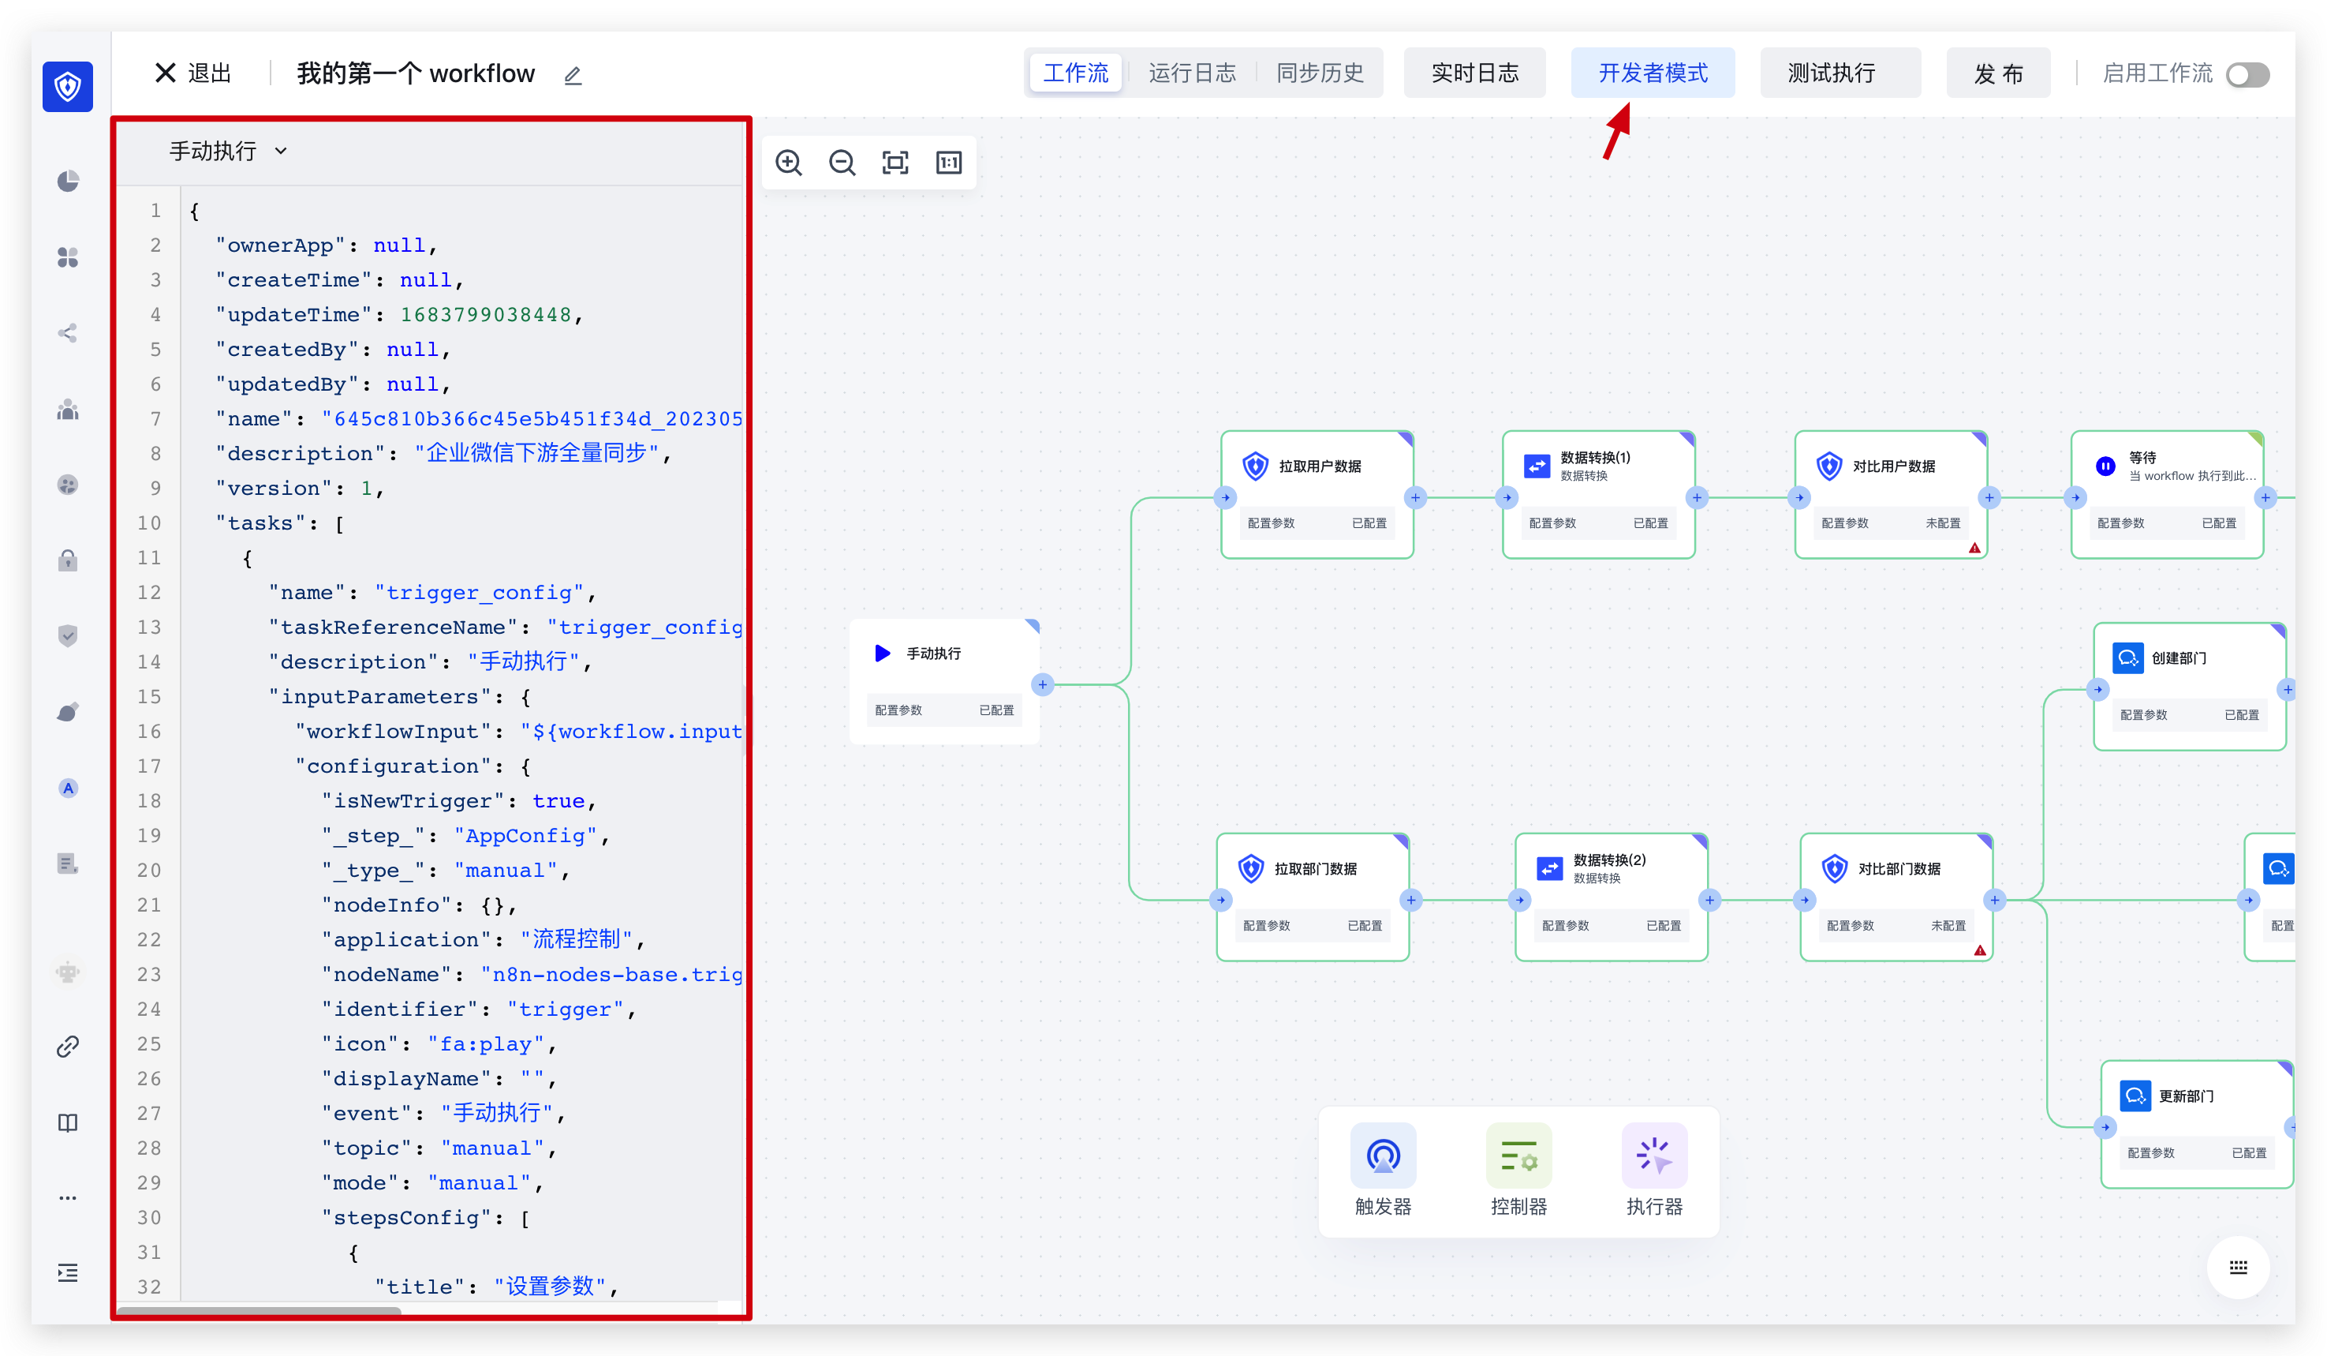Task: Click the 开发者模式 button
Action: [1652, 73]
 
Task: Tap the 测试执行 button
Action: [1831, 73]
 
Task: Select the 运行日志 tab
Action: [1191, 73]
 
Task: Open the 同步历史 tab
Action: [1319, 73]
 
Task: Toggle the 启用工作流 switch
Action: [2247, 75]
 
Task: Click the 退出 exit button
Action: [193, 73]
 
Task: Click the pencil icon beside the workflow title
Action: [573, 76]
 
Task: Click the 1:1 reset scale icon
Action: [948, 163]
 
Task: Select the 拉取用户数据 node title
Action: [1320, 466]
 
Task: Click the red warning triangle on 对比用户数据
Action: [1974, 548]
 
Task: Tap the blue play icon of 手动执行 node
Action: [882, 653]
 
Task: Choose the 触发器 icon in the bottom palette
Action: [1382, 1156]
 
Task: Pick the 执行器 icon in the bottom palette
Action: [1654, 1156]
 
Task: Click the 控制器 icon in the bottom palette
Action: [1518, 1156]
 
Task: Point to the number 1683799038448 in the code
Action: [486, 315]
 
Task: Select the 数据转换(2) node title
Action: [1608, 860]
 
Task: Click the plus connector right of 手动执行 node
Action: [1043, 684]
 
